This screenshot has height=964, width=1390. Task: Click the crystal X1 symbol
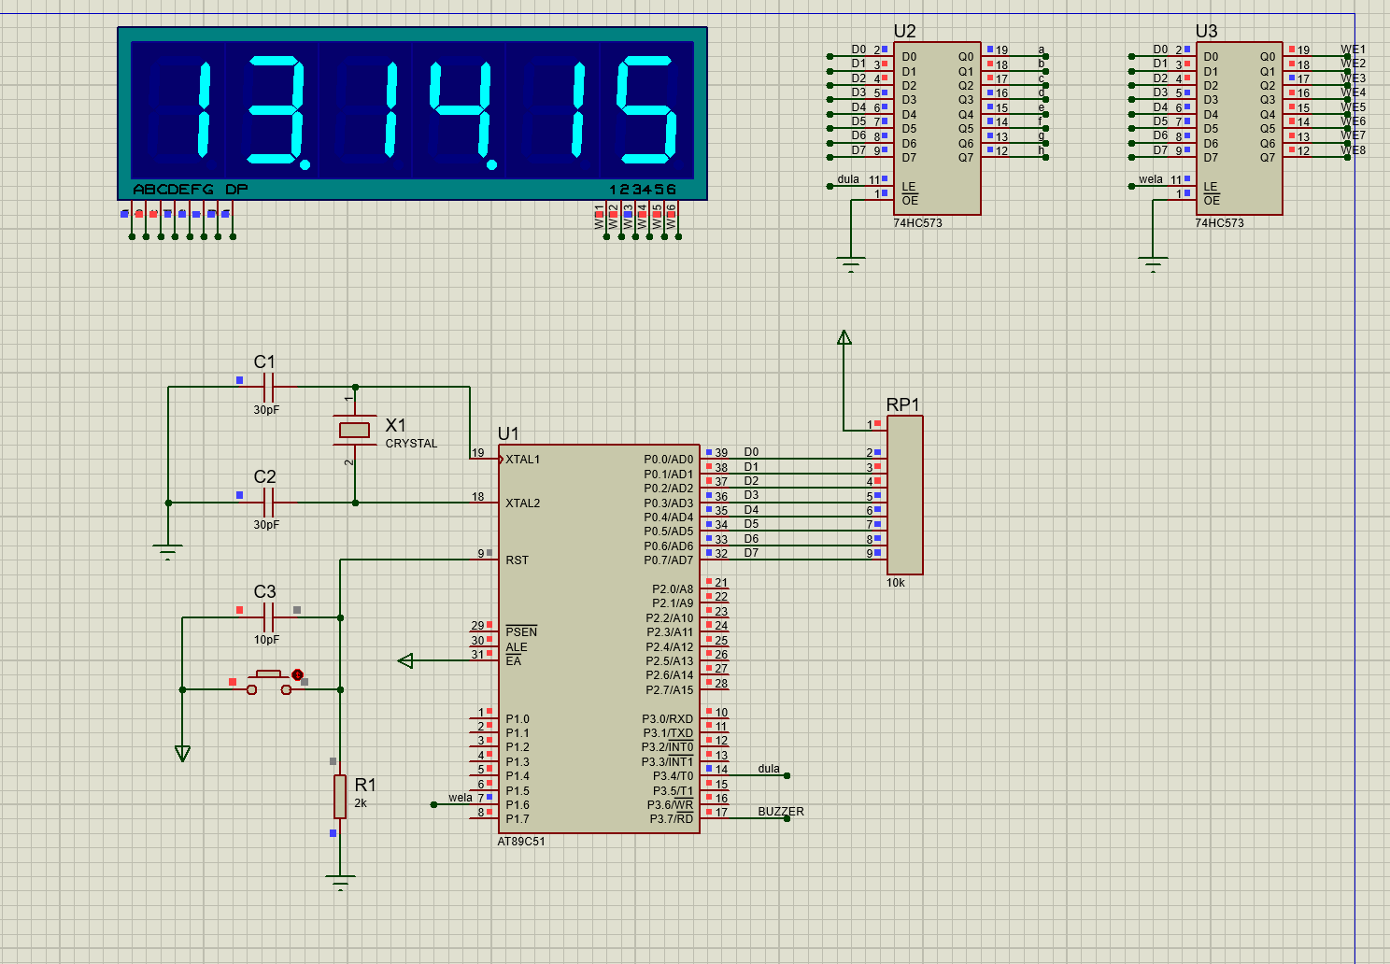point(354,430)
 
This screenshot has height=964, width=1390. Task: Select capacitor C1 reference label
point(264,361)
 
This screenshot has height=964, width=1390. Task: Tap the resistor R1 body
point(340,796)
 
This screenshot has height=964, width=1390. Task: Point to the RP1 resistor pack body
point(904,495)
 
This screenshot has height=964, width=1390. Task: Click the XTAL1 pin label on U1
point(522,459)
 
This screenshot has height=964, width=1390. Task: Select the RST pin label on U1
point(517,560)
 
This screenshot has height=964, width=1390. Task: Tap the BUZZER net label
point(780,812)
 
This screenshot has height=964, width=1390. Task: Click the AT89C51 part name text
point(521,842)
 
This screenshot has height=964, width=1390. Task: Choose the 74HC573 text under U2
point(917,223)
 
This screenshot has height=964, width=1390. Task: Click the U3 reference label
point(1206,31)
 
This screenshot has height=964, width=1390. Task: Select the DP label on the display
point(236,190)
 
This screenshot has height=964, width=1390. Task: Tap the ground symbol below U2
point(850,263)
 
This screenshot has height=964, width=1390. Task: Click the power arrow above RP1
point(844,338)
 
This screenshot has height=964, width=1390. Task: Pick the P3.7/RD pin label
point(671,819)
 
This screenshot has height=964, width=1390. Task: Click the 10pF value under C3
point(266,640)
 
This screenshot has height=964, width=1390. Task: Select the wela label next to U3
point(1151,179)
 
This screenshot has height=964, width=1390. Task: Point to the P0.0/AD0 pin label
point(668,460)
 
